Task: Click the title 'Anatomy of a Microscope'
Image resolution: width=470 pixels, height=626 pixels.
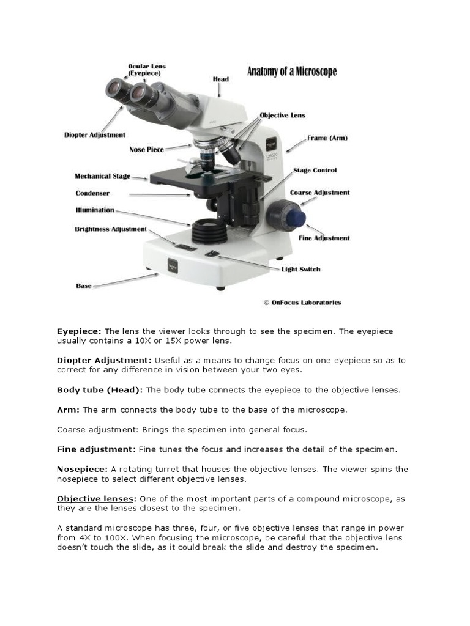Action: point(291,72)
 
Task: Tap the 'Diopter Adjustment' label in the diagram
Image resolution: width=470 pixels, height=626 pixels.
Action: point(95,134)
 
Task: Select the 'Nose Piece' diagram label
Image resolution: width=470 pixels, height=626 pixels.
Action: point(146,149)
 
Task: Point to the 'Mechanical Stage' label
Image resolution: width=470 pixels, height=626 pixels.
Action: point(102,176)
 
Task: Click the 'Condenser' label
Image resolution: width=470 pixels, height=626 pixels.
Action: point(92,193)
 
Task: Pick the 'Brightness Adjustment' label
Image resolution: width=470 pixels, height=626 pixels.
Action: point(111,229)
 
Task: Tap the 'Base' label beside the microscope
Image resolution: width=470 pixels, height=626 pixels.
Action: point(84,285)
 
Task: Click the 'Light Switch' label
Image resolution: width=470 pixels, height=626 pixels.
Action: point(300,269)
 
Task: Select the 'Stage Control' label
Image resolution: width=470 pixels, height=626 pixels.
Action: point(315,170)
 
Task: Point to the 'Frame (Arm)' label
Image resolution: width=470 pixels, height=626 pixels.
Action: point(327,138)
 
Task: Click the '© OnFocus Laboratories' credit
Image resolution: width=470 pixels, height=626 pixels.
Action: point(302,302)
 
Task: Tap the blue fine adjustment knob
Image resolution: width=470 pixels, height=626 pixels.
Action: point(299,216)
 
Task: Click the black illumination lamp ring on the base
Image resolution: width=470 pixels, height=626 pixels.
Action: point(208,232)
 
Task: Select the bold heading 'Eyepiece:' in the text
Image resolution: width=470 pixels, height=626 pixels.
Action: point(80,331)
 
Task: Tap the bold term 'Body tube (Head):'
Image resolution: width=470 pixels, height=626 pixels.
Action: point(100,389)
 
